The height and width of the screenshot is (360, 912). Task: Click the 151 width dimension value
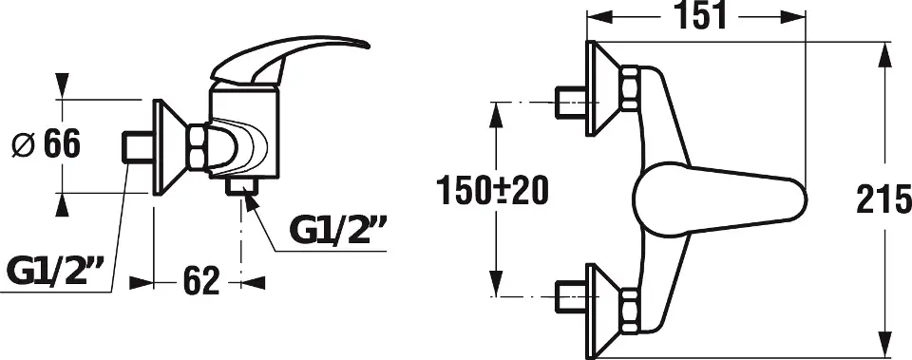coord(700,16)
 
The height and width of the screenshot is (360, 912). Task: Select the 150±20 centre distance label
coord(493,191)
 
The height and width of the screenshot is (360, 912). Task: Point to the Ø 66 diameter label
coord(46,143)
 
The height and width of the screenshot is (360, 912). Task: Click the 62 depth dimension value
coord(201,281)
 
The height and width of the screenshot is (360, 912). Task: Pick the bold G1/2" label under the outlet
coord(338,230)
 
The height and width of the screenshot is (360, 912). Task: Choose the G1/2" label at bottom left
coord(55,271)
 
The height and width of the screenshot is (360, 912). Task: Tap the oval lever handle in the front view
coord(719,199)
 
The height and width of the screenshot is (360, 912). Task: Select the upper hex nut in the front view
coord(629,87)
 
